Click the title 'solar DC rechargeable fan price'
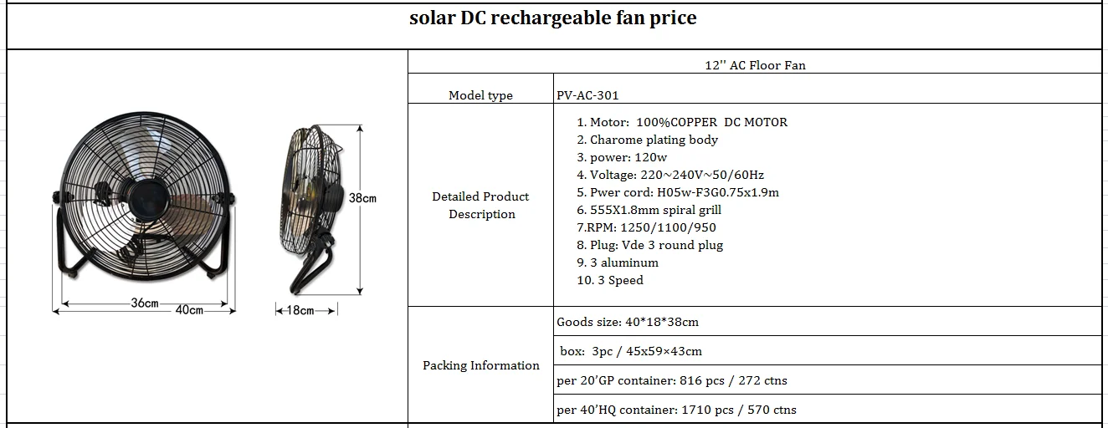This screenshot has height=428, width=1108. [x=552, y=18]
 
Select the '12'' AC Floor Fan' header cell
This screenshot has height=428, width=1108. [x=755, y=65]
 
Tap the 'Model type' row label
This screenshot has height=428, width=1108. [x=480, y=95]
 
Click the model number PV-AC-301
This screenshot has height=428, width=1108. [x=587, y=95]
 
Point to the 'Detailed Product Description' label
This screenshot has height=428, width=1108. [x=480, y=206]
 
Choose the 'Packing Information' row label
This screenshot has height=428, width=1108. [x=480, y=365]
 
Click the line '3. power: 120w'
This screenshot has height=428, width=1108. [x=622, y=157]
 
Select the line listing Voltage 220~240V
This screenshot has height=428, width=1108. [x=670, y=175]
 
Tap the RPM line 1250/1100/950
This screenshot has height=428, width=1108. [x=646, y=227]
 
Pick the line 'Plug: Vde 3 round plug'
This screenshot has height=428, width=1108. [x=649, y=245]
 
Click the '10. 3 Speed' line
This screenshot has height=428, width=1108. [x=610, y=280]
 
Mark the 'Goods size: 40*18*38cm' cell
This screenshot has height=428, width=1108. [x=627, y=322]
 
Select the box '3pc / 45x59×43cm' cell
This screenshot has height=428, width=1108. [x=631, y=351]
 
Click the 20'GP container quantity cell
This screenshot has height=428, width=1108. [x=671, y=380]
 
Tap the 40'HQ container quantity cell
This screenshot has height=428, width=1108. [x=676, y=410]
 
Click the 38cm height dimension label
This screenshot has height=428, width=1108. [x=362, y=199]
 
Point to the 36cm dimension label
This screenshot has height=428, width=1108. [x=144, y=303]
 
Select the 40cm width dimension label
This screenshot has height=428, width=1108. [x=189, y=310]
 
